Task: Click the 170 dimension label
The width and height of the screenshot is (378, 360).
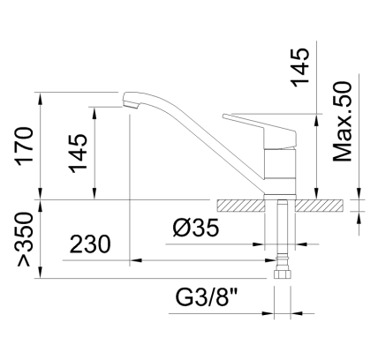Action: pyautogui.click(x=23, y=146)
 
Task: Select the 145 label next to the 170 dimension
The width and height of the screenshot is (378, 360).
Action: pyautogui.click(x=78, y=151)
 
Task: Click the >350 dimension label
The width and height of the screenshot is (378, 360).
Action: pyautogui.click(x=23, y=239)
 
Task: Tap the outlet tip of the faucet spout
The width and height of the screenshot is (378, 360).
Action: pyautogui.click(x=130, y=103)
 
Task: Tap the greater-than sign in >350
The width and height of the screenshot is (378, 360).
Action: pyautogui.click(x=23, y=260)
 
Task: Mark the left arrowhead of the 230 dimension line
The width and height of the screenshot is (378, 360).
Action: pyautogui.click(x=135, y=261)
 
